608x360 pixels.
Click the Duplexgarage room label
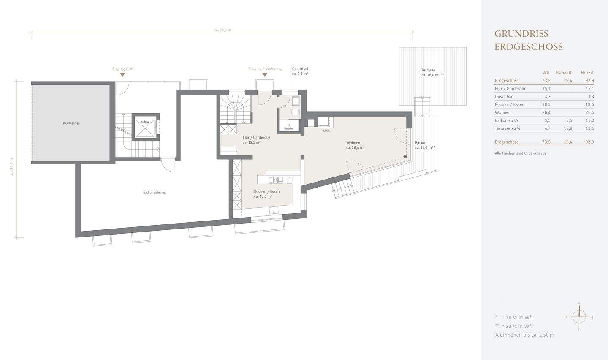coord(71,123)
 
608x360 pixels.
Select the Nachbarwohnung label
coord(154,192)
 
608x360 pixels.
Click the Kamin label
coord(325,131)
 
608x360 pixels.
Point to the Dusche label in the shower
coord(289,128)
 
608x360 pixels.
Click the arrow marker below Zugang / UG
coord(122,75)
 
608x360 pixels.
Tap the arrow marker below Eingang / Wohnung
coord(265,75)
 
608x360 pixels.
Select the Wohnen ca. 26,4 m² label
coord(355,145)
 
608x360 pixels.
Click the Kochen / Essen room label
coord(266,194)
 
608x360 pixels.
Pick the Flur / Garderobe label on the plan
coord(256,140)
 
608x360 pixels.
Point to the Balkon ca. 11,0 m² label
coord(425,145)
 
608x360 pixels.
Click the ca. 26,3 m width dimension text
coord(223,30)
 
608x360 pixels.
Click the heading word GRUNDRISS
coord(521,34)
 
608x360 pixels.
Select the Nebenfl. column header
coord(564,73)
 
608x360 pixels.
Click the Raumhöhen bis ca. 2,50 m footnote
coord(524,335)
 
